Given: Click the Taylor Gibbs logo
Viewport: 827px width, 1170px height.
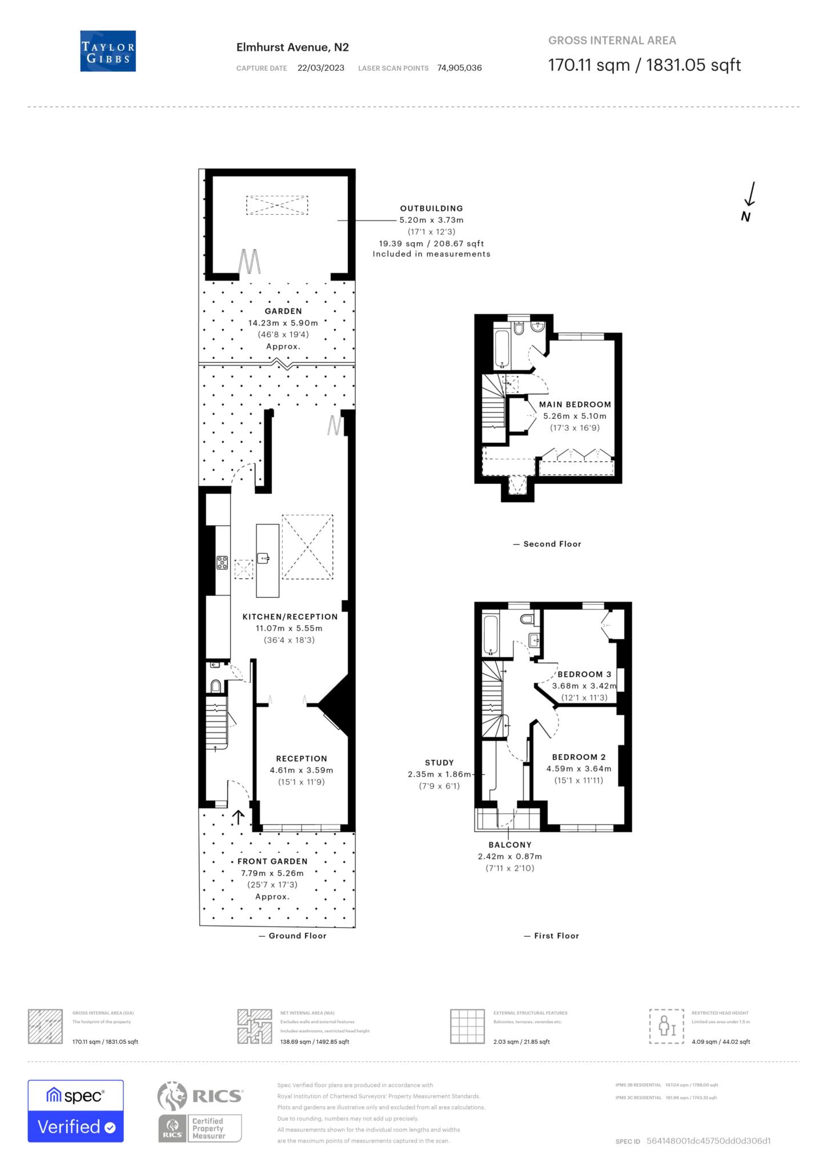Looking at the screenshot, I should tap(108, 51).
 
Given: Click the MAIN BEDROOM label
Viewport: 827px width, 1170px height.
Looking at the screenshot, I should tap(575, 404).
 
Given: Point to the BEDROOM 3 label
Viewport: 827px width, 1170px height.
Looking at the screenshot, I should tap(584, 674).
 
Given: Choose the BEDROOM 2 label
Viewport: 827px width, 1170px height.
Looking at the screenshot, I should tap(579, 757).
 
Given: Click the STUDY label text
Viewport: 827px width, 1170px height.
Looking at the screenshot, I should tap(439, 763).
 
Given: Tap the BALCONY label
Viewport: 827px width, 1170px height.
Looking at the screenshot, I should tap(510, 845).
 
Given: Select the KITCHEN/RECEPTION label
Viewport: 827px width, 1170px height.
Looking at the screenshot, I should tap(290, 617).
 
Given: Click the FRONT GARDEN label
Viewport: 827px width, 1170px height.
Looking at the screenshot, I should tap(272, 862).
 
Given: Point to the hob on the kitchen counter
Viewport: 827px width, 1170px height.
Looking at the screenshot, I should tap(222, 563).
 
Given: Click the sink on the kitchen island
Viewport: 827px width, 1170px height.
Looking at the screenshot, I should tap(263, 558).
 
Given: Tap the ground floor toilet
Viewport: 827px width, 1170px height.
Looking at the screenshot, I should tap(216, 686).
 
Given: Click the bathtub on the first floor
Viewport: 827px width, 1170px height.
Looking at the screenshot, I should tap(491, 634).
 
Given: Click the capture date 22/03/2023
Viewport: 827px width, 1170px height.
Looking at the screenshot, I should tap(320, 68).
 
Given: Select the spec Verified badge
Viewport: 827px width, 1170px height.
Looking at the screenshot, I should tap(75, 1111).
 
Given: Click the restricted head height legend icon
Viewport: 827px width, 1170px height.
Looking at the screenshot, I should tap(667, 1027).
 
